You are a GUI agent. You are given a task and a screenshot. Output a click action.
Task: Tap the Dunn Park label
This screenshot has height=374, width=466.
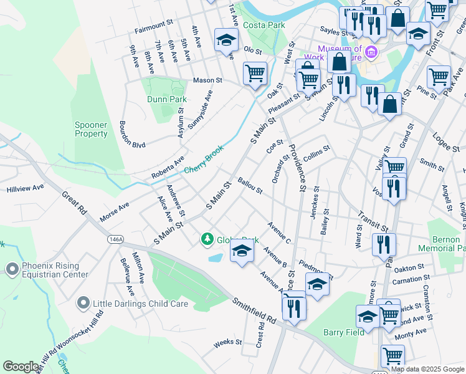pyautogui.click(x=167, y=99)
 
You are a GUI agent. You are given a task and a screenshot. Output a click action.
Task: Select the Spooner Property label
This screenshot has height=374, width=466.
pyautogui.click(x=92, y=129)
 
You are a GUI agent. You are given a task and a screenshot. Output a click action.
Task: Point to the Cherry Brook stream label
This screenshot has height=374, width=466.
pyautogui.click(x=204, y=161)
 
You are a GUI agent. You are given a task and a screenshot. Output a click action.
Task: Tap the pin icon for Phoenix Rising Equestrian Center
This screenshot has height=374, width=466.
pyautogui.click(x=12, y=269)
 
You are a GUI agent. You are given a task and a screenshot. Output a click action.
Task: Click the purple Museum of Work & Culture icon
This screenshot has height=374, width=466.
pyautogui.click(x=372, y=50)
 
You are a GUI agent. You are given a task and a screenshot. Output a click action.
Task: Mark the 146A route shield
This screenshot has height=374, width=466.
pyautogui.click(x=115, y=239)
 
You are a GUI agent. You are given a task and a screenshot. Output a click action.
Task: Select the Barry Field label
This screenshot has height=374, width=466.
pyautogui.click(x=344, y=332)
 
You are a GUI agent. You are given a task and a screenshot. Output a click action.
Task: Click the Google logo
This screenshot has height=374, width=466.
pyautogui.click(x=21, y=367)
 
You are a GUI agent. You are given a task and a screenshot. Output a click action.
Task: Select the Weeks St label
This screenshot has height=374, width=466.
pyautogui.click(x=227, y=342)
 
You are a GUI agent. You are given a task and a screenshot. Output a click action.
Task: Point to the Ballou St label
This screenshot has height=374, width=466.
pyautogui.click(x=250, y=186)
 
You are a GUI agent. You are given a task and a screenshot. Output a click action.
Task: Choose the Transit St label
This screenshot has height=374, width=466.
pyautogui.click(x=373, y=220)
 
